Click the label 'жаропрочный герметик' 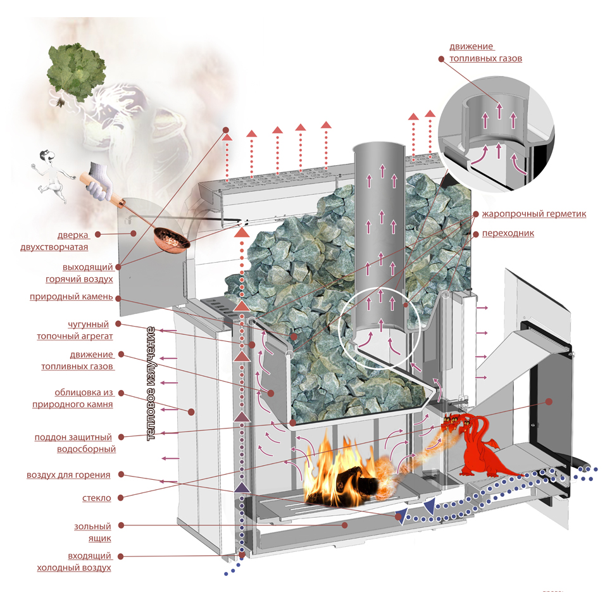[x=533, y=214]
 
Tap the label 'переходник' [x=508, y=233]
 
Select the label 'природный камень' [x=71, y=296]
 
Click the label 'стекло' [x=97, y=497]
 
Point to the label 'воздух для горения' [x=68, y=474]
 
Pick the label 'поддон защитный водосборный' [x=75, y=442]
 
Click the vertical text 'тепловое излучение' [x=151, y=384]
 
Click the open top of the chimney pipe [x=377, y=149]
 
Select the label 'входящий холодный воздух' [x=74, y=561]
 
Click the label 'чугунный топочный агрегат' [x=89, y=330]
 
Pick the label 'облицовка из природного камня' [x=73, y=398]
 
